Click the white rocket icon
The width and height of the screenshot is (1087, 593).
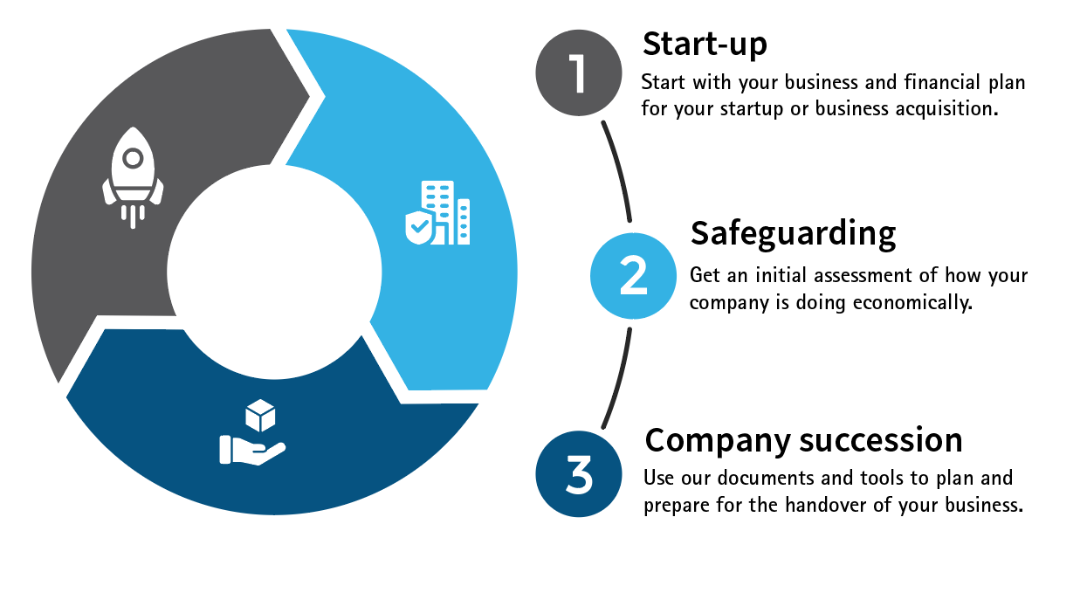133,176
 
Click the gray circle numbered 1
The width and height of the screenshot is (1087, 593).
579,73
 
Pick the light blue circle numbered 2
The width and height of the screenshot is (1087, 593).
633,276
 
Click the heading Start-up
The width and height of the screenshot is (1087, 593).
705,44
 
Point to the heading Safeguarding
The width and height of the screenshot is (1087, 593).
793,234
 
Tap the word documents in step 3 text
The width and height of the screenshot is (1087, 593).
760,479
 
